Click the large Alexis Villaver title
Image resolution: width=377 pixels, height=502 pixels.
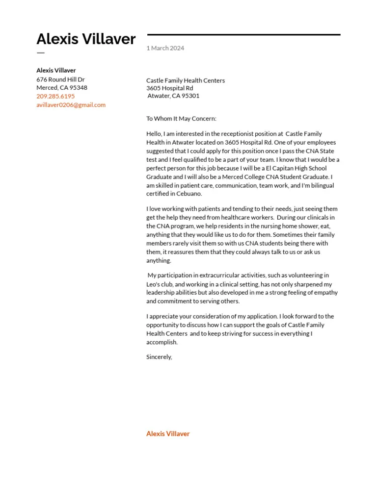click(86, 39)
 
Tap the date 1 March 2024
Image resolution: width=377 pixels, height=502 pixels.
click(165, 48)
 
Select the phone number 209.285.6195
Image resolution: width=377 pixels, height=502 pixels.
click(55, 96)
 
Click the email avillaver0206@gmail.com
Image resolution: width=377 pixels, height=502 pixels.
click(71, 105)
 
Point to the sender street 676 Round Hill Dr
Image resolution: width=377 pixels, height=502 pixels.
click(60, 79)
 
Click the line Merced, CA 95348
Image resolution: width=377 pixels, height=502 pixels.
click(62, 88)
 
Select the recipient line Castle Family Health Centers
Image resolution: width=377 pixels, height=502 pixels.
click(186, 80)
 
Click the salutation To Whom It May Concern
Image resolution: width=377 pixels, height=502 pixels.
click(181, 119)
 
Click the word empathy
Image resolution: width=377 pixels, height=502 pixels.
click(326, 293)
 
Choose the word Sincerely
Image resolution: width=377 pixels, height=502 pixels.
click(159, 357)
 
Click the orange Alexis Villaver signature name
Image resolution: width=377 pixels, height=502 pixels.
click(168, 434)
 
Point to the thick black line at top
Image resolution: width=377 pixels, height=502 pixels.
click(243, 35)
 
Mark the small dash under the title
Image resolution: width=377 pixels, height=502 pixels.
click(40, 52)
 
